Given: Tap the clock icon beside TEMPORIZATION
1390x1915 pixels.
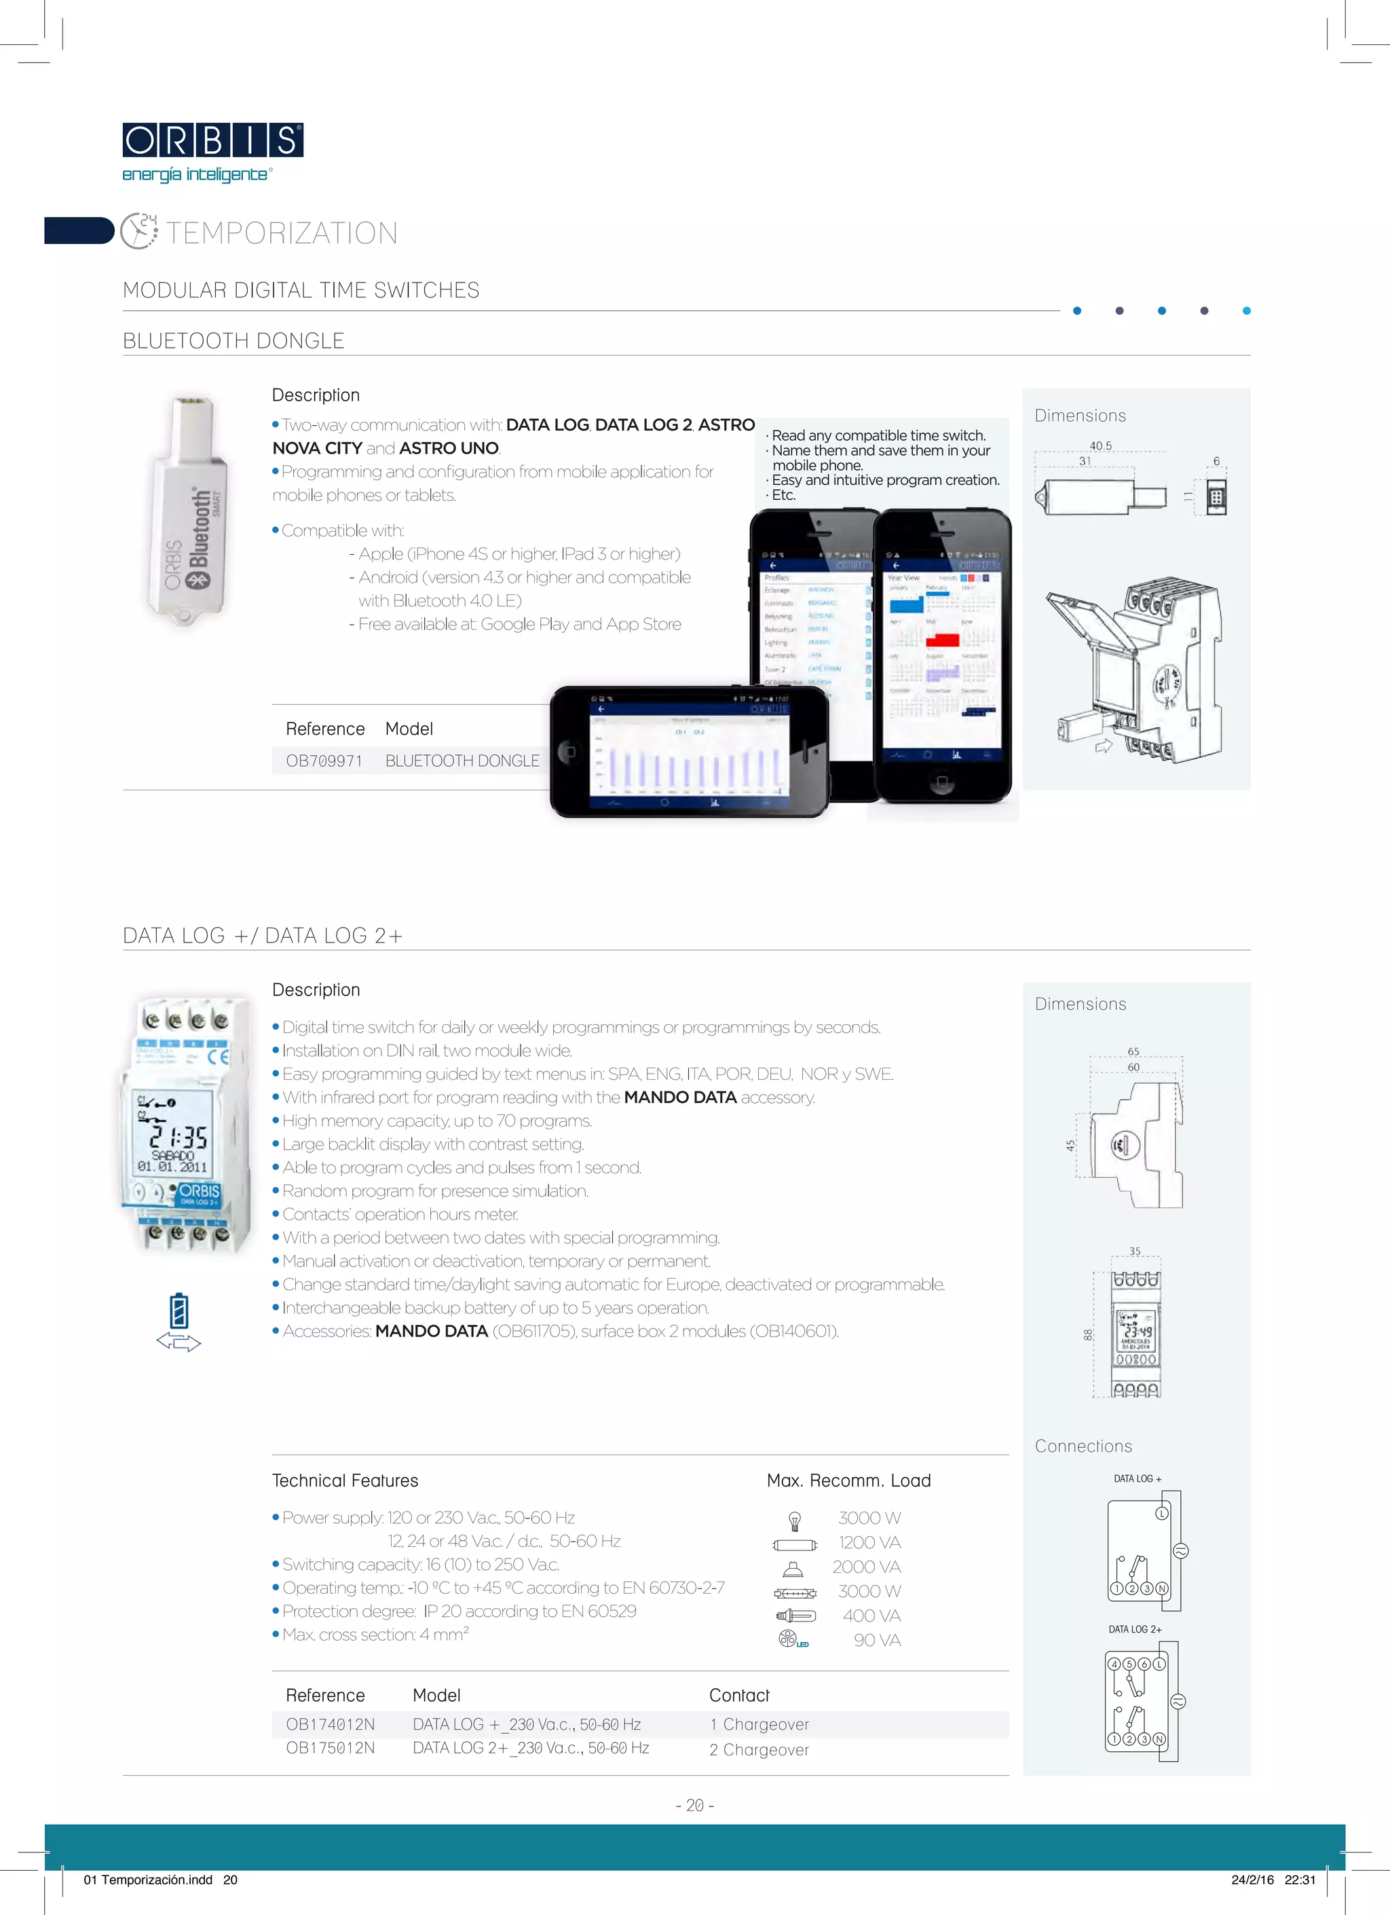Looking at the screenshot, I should (138, 232).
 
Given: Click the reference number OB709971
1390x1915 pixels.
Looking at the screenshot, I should (324, 761).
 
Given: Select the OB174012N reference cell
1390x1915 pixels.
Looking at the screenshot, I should (330, 1724).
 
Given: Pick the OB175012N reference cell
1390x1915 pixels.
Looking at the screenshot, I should (330, 1748).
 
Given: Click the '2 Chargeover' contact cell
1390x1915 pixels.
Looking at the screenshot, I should (759, 1749).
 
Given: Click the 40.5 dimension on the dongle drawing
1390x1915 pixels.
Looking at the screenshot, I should (1100, 446).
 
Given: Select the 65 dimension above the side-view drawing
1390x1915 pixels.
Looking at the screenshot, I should (1133, 1051).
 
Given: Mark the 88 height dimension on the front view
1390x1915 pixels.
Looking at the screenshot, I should (1088, 1335).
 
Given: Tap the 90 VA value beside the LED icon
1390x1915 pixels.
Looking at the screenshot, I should (877, 1641).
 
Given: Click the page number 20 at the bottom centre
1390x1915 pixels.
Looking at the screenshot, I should (694, 1805).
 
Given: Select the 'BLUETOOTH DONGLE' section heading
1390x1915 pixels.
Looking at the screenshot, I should (233, 341).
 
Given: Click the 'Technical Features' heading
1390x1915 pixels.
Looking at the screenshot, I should (345, 1480).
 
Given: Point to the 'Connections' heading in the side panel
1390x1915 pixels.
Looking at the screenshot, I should (1084, 1446).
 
